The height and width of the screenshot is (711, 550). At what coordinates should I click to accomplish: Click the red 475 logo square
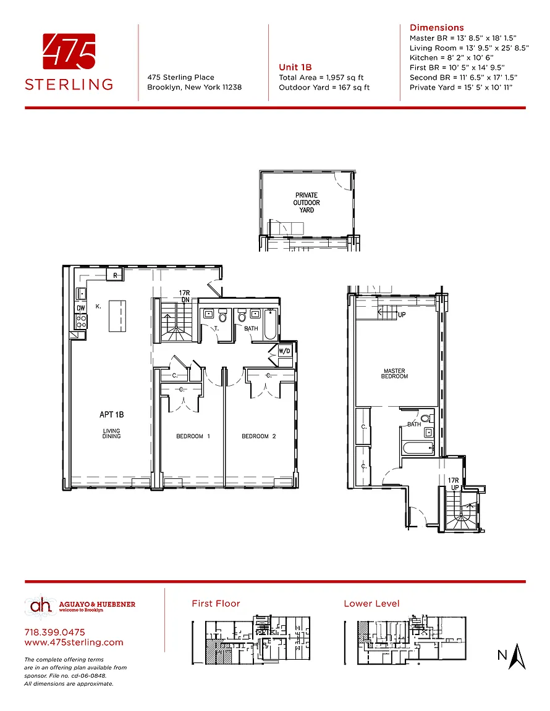point(69,51)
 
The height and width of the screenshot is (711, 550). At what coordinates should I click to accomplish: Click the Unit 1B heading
point(295,67)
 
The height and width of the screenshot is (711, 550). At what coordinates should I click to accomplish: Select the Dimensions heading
point(437,28)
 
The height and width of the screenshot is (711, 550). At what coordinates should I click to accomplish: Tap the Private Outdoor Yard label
point(307,202)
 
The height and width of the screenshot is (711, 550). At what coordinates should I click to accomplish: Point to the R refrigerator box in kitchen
point(116,275)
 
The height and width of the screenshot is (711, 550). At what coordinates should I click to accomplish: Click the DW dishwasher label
point(81,309)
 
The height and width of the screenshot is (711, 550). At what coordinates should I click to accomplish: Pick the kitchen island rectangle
point(117,316)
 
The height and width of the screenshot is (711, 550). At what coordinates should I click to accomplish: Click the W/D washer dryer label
point(284,351)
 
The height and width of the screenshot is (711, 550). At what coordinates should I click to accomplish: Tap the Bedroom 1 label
point(193,436)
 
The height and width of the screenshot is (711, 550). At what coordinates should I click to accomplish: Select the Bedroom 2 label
point(259,436)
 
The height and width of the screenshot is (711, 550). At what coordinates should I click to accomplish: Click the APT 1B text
point(112,415)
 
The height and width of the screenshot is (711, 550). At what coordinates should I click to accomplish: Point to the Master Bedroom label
point(395,373)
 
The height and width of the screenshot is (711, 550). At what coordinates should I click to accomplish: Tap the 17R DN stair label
point(184,296)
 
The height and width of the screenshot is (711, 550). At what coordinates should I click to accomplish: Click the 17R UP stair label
point(453,484)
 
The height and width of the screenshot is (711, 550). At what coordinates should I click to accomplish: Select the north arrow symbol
point(517,656)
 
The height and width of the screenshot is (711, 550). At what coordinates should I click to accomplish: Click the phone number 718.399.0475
point(54,632)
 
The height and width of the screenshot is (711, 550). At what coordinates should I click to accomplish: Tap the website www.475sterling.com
point(74,642)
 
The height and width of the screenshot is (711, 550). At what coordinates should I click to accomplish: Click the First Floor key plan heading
point(216,604)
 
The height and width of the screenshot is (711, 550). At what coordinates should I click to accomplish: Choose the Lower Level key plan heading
point(371,604)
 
